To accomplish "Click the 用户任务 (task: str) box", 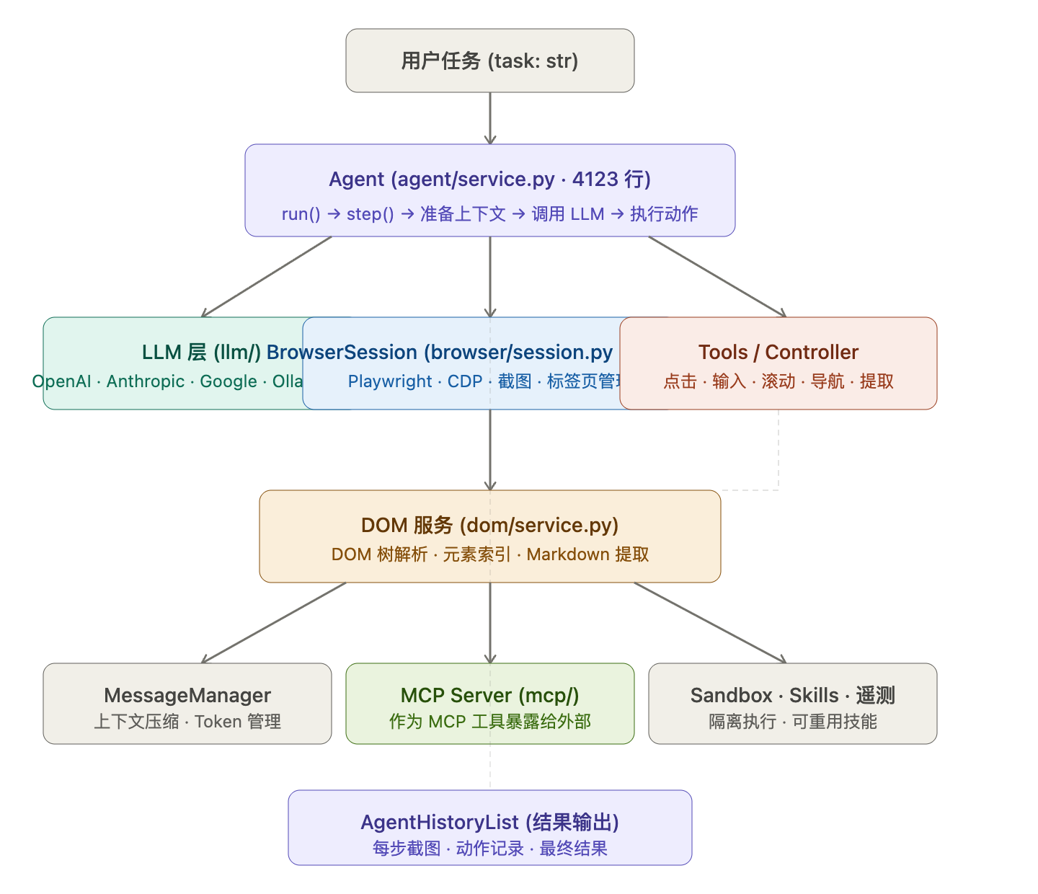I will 489,61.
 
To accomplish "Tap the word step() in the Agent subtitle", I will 370,214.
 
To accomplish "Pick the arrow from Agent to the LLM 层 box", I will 267,277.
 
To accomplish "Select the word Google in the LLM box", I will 228,381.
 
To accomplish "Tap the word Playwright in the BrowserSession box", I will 390,381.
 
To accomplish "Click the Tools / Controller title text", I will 778,352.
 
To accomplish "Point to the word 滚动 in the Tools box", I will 778,381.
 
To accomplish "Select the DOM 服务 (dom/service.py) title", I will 489,525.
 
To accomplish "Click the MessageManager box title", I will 187,695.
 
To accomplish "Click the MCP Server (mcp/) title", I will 489,695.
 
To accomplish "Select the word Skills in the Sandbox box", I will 814,695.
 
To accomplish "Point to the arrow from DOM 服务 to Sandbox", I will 710,622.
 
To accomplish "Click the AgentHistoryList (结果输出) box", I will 489,828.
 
